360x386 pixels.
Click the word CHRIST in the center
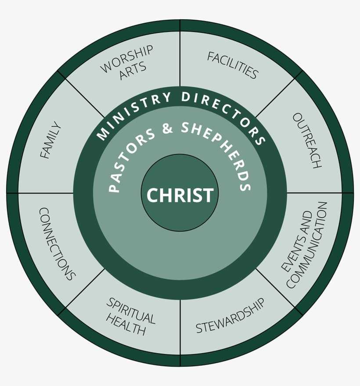[180, 195]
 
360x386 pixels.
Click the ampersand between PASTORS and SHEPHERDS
[168, 128]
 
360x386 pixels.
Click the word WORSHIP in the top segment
[126, 59]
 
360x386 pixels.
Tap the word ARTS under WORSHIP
[133, 71]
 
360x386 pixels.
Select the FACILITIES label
[233, 65]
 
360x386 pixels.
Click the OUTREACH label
[307, 140]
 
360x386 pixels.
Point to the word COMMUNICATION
[307, 245]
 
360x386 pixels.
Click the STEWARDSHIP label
[230, 316]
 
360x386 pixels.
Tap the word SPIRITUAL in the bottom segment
[131, 311]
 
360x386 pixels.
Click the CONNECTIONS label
[57, 244]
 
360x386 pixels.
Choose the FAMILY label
[50, 140]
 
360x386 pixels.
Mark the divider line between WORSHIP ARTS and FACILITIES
[180, 59]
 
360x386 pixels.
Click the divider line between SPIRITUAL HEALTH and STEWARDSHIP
[180, 327]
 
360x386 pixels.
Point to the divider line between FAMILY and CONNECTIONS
[46, 193]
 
